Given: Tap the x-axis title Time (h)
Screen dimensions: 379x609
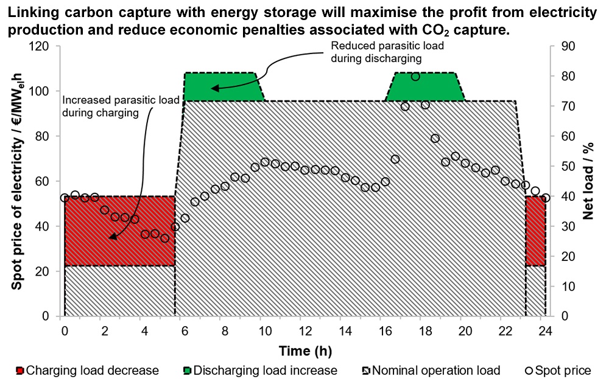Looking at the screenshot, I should [x=305, y=350].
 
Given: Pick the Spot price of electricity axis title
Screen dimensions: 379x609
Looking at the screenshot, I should [x=18, y=181].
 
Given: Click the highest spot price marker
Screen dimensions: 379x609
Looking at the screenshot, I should [x=415, y=77].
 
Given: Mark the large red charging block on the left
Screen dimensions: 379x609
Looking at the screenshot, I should [x=119, y=231].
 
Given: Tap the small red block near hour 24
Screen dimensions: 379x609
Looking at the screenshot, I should [x=535, y=231].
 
